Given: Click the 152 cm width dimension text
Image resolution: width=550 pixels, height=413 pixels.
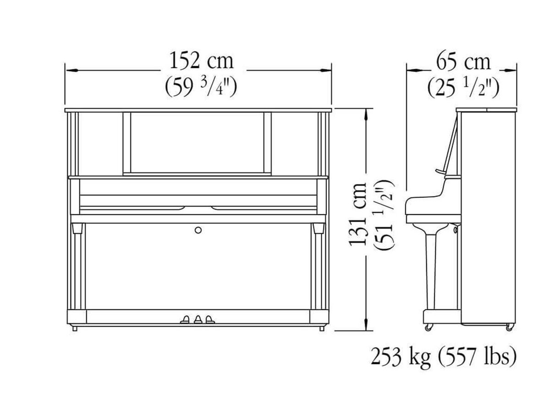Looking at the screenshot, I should pos(201,61).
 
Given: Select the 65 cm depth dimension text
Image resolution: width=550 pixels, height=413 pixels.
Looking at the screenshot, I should pos(463,61).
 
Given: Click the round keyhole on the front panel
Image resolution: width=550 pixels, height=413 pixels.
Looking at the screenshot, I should pos(198,229).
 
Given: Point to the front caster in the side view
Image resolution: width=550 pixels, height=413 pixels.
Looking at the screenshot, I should pos(429,327).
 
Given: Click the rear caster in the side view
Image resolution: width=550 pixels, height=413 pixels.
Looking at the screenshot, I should pos(509,327).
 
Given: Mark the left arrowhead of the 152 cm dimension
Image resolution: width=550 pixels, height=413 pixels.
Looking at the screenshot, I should pos(70,71).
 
